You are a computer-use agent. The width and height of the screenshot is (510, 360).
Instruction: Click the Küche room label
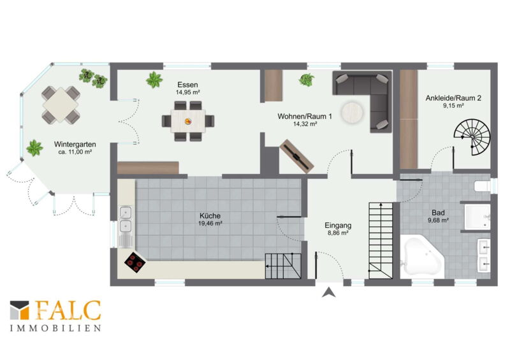(210, 215)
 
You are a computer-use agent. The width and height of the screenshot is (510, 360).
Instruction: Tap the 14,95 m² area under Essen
(187, 92)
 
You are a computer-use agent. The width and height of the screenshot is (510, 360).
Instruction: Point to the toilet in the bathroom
(482, 185)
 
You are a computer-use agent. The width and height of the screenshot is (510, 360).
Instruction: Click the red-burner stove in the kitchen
(135, 262)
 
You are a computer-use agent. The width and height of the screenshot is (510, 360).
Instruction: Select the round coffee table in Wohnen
(352, 113)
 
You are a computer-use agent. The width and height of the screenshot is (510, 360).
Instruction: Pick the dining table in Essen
(188, 121)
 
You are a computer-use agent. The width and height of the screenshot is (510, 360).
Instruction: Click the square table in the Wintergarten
(61, 104)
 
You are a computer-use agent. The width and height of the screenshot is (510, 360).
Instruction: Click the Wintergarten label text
(75, 144)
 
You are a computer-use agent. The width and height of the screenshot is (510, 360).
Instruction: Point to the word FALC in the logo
(68, 310)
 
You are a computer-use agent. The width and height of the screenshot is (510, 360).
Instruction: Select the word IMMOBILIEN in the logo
(55, 328)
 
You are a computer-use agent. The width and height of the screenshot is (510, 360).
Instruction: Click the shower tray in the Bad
(477, 217)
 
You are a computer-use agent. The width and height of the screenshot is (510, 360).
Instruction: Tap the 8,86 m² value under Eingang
(338, 233)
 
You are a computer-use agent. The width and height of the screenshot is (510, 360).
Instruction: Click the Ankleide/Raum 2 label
(453, 98)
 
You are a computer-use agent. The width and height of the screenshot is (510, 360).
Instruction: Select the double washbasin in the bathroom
(484, 256)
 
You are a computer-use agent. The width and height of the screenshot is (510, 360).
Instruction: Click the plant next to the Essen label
(154, 80)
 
